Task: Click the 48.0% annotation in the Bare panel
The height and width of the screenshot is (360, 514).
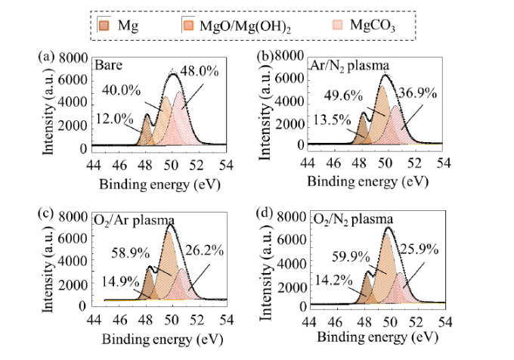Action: pyautogui.click(x=200, y=72)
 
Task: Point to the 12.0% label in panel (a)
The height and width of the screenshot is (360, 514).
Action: pyautogui.click(x=111, y=119)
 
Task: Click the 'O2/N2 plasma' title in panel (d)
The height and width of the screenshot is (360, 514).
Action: pyautogui.click(x=350, y=219)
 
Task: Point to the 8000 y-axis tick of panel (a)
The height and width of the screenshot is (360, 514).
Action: pyautogui.click(x=73, y=57)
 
